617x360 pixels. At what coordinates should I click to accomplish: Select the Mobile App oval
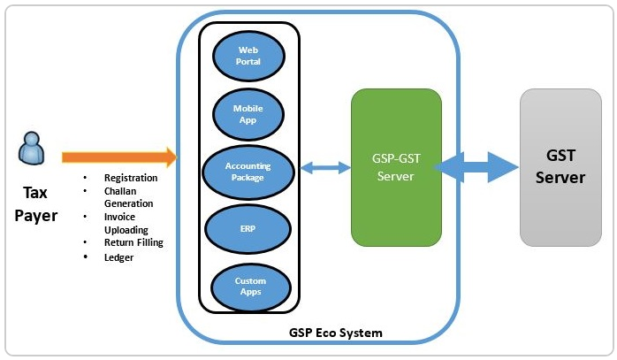pos(248,113)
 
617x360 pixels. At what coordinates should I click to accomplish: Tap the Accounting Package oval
pos(248,171)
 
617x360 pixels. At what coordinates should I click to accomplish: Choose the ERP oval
pos(248,229)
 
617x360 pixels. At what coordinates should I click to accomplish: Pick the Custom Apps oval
pos(248,285)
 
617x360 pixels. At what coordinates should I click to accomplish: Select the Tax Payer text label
pos(35,203)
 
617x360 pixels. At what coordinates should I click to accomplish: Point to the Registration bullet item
pos(131,178)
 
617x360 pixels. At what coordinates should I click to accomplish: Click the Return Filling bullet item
pos(133,241)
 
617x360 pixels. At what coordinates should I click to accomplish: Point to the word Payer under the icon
pos(35,215)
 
